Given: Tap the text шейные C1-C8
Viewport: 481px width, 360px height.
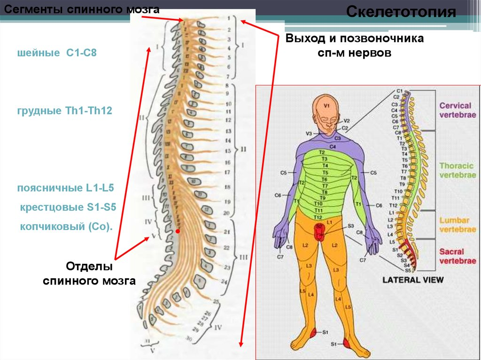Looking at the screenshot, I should click(x=56, y=54).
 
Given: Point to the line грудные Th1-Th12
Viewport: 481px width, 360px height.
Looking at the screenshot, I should click(x=65, y=111).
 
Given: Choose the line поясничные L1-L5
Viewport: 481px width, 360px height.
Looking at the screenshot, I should click(x=65, y=188).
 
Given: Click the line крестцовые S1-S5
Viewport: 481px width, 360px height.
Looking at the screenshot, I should click(x=68, y=207).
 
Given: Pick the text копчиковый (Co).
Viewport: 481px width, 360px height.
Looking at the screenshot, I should click(x=66, y=227).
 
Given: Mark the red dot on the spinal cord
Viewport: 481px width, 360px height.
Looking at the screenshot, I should click(x=178, y=231).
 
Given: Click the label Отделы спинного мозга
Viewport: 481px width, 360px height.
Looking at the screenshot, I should click(x=89, y=274).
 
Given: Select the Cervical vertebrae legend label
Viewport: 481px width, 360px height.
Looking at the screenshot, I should click(x=457, y=110).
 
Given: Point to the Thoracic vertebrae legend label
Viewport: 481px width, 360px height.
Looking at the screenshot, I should click(x=457, y=170).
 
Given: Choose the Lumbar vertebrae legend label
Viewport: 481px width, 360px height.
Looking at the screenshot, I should click(x=457, y=225).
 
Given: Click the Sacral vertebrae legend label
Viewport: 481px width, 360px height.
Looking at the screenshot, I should click(x=457, y=256).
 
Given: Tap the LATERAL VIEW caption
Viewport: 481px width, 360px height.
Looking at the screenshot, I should click(x=413, y=280).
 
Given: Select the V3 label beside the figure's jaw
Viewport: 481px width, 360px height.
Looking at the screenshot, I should click(x=309, y=134).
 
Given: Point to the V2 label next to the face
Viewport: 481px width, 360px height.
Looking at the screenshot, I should click(x=347, y=121).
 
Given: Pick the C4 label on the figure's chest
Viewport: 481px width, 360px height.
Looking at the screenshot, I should click(x=333, y=147).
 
